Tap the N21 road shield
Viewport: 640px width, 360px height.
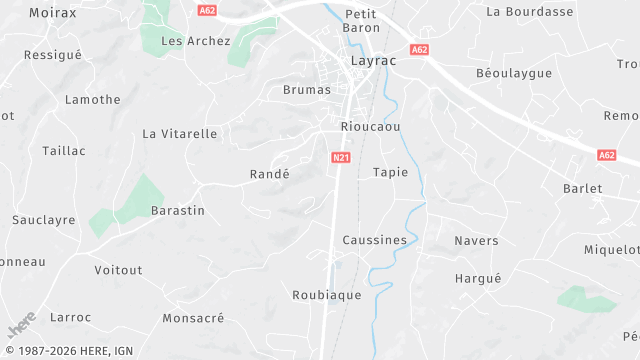tap(340, 157)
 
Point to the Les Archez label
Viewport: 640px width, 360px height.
tap(196, 41)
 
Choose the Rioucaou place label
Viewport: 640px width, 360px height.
tap(370, 127)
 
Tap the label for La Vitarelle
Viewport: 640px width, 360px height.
tap(180, 133)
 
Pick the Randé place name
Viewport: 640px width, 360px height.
tap(269, 174)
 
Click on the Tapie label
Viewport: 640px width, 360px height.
tap(390, 172)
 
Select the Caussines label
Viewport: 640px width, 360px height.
tap(375, 240)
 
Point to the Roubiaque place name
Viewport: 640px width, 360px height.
tap(326, 295)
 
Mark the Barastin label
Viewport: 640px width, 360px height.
tap(178, 211)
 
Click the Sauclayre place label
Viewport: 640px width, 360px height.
tap(44, 219)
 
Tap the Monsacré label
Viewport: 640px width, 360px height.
tap(193, 318)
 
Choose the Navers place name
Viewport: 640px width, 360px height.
tap(476, 241)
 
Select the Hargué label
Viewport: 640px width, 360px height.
tap(478, 278)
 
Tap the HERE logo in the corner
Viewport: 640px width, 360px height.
tap(22, 327)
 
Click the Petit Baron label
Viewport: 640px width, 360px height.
tap(361, 21)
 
